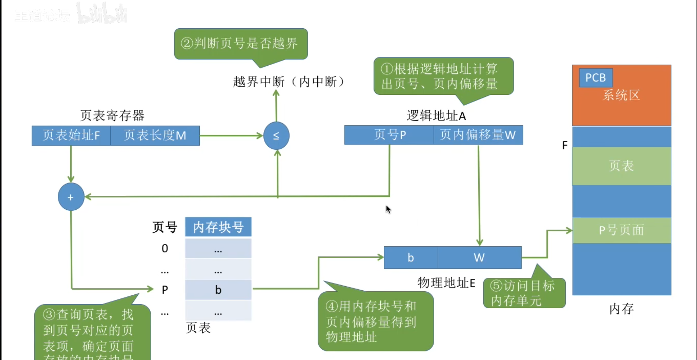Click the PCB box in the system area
point(596,78)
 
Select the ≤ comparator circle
point(276,136)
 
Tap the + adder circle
point(71,197)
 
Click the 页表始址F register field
point(71,136)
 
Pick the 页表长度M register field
point(155,136)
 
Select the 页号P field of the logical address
point(389,135)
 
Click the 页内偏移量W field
point(478,135)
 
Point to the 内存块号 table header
point(218,227)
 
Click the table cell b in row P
point(218,290)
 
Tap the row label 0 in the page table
point(165,249)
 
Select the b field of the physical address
point(411,258)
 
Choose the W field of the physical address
point(479,258)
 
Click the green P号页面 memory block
point(621,230)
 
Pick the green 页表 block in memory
point(621,166)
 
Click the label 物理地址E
point(446,283)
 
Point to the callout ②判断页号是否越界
point(241,44)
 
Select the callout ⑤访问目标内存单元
point(524,293)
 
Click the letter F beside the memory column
point(565,145)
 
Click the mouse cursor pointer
point(388,209)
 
